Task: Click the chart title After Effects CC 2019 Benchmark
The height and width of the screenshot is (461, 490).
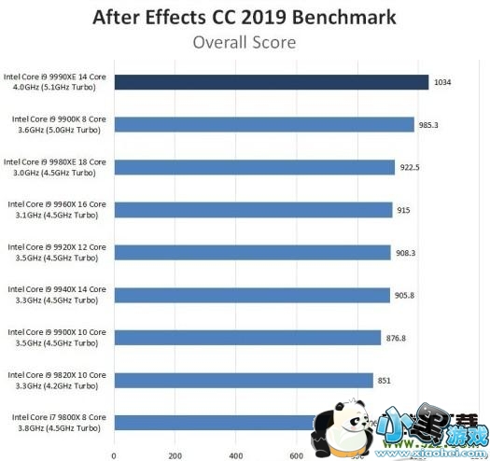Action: tap(244, 17)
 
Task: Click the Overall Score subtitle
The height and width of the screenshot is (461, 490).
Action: tap(245, 41)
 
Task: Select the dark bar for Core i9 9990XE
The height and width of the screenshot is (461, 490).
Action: tap(271, 82)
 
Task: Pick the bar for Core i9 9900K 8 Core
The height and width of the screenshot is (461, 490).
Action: tap(263, 124)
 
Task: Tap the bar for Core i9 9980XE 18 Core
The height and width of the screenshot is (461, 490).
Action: tap(254, 167)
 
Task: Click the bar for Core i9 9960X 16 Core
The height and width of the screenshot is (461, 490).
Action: tap(253, 210)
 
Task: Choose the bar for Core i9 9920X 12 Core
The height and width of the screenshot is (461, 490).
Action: tap(252, 252)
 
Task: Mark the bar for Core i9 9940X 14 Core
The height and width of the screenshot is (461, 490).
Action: tap(251, 295)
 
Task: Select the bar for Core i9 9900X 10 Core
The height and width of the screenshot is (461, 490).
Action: tap(247, 337)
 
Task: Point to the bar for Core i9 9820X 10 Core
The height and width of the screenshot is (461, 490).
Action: tap(243, 380)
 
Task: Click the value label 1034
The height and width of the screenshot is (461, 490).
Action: tap(444, 82)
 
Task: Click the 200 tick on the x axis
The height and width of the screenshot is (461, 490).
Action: tap(175, 454)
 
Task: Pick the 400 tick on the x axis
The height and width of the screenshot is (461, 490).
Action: tap(235, 454)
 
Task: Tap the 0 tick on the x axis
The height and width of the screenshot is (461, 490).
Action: tap(114, 454)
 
